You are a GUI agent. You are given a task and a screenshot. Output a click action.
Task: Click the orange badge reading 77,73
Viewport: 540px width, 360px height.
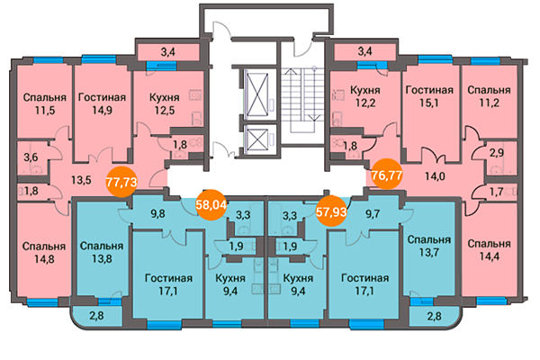coord(121,182)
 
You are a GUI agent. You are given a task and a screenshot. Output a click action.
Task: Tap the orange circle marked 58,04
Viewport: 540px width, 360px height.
coord(211,204)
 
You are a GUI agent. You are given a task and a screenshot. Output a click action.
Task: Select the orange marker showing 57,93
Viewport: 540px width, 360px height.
coord(331,211)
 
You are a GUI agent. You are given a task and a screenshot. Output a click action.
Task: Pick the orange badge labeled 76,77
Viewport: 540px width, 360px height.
coord(387,174)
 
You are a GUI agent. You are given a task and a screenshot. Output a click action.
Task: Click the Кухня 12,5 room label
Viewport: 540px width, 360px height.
coord(165,103)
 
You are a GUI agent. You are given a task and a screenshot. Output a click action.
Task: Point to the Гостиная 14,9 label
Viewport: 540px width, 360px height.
coord(102,103)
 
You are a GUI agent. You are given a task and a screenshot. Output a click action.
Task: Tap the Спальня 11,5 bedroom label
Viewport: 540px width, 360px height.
coord(45,103)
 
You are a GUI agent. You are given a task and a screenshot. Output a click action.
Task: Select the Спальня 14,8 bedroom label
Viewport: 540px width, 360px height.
coord(44,253)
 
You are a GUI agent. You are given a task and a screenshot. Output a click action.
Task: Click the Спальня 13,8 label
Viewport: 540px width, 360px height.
coord(102,252)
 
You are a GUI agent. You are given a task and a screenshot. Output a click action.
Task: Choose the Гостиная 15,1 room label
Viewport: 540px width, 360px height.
coord(429,96)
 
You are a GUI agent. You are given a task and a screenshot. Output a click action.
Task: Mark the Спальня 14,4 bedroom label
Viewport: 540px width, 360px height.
coord(489,250)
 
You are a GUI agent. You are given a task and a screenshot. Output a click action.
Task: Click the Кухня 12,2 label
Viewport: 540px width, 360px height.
coord(365,96)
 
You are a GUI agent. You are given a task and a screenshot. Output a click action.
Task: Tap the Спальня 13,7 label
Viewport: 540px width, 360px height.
coord(428,246)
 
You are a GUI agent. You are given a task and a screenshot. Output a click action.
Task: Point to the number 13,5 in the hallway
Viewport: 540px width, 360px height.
coord(81,179)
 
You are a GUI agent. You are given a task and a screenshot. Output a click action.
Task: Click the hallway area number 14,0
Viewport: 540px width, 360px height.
coord(435,176)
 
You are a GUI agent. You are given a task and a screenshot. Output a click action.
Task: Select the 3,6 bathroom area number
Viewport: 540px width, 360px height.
coord(31,157)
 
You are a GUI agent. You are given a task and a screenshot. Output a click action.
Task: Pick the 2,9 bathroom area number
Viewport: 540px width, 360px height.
coord(497,152)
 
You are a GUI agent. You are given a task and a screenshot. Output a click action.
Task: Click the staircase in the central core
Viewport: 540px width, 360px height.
coord(302,100)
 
